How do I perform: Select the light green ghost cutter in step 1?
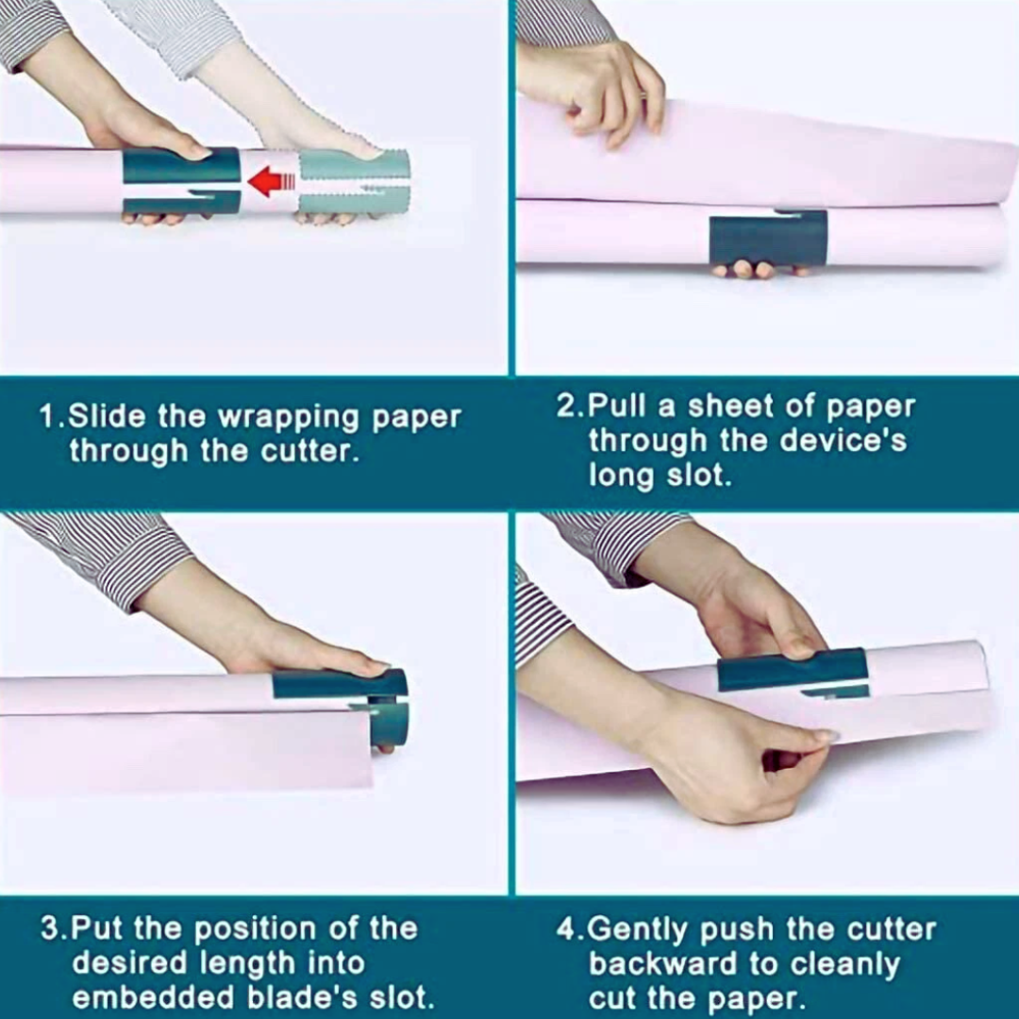click(354, 183)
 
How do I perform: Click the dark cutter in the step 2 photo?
click(768, 239)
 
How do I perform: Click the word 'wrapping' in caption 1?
click(289, 418)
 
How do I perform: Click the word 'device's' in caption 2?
click(843, 441)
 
